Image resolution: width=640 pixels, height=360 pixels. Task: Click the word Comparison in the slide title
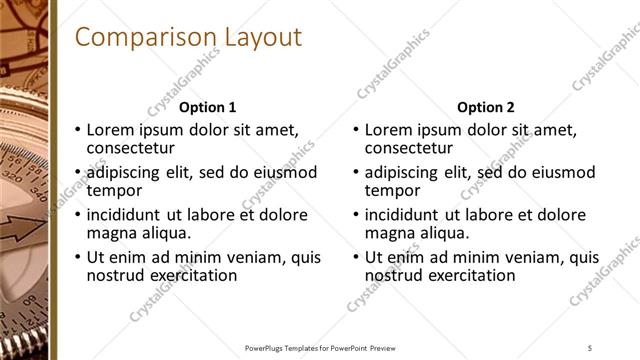(x=137, y=38)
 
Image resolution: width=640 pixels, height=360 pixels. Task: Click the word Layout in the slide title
(x=252, y=38)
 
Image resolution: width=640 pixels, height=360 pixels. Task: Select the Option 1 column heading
(x=208, y=107)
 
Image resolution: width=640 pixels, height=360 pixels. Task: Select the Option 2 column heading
(x=485, y=107)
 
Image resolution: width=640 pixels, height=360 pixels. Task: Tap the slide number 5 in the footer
(x=591, y=347)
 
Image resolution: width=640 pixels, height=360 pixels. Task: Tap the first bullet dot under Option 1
(x=78, y=130)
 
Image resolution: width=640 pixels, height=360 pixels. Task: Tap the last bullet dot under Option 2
(x=356, y=257)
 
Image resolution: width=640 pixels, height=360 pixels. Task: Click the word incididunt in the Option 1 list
(x=125, y=215)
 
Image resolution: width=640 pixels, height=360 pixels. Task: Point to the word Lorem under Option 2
(x=388, y=130)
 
